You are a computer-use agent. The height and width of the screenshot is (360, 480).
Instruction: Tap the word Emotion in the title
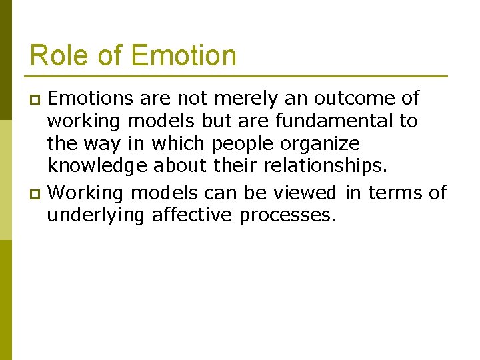click(184, 55)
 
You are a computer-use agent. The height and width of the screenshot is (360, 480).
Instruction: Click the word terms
click(395, 193)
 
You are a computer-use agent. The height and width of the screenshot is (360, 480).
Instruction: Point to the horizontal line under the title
click(238, 75)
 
